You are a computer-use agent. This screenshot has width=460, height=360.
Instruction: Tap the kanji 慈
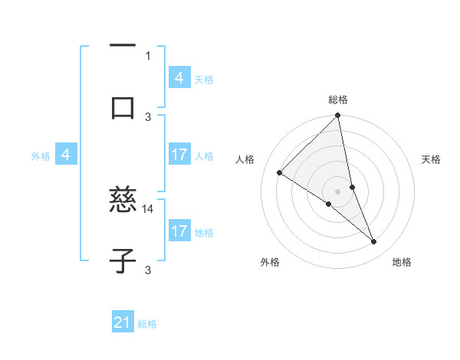[123, 201]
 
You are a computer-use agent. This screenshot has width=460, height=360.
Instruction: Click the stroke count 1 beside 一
[148, 55]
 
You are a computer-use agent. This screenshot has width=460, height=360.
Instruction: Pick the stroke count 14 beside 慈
[149, 208]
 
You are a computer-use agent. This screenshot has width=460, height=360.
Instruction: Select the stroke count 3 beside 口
[149, 116]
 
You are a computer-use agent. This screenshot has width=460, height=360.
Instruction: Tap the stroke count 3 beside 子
[148, 270]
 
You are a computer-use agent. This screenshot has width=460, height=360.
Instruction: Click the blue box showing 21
[123, 322]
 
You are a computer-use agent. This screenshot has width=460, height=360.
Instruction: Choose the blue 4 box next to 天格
[179, 78]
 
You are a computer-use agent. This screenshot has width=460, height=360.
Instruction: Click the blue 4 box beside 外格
[66, 155]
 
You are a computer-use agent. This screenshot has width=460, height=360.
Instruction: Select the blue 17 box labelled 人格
[179, 155]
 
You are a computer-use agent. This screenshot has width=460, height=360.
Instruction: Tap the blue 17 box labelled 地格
[179, 231]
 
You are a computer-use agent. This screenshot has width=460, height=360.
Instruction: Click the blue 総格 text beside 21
[147, 324]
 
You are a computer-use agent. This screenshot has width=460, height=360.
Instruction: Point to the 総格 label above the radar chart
[338, 100]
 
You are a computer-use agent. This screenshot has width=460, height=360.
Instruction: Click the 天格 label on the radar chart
[432, 159]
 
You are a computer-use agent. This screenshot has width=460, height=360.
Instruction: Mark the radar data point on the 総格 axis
[338, 116]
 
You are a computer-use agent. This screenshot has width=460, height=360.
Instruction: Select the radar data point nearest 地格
[374, 241]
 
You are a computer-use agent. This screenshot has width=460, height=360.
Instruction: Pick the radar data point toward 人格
[280, 173]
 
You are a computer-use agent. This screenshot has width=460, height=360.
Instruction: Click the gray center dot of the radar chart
[338, 191]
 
